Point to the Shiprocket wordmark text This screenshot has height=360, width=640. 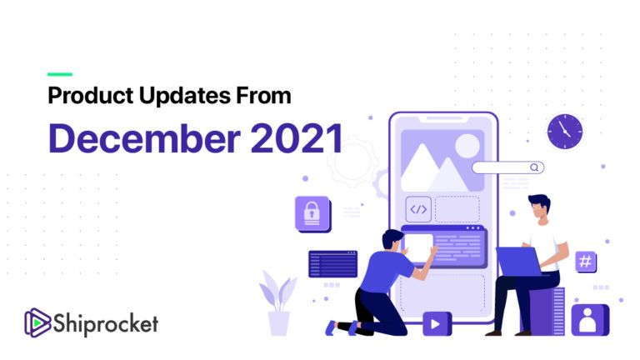(x=107, y=322)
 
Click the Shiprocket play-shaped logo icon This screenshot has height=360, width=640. (x=37, y=322)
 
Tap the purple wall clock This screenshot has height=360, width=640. (x=565, y=131)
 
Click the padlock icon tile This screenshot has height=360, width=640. (x=312, y=213)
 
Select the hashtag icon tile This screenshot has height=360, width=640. (x=586, y=262)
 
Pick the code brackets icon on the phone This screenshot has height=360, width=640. (x=418, y=209)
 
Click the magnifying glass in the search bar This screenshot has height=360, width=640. (x=535, y=167)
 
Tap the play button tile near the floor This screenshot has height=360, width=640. (x=437, y=322)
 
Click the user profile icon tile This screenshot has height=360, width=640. (x=590, y=319)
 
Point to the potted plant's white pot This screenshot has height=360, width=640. (x=278, y=322)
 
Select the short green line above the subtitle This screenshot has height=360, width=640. (x=60, y=74)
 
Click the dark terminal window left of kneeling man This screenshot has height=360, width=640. (x=332, y=263)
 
